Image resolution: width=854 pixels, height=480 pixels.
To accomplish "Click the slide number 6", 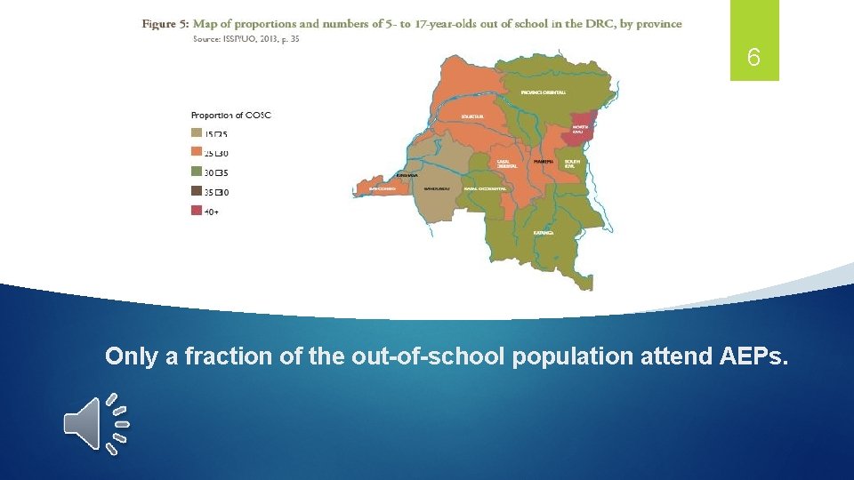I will (x=753, y=59).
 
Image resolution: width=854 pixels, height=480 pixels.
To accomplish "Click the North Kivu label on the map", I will (x=580, y=130).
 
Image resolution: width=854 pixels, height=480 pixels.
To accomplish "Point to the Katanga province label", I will (x=544, y=233).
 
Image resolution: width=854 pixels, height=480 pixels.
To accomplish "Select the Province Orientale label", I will (x=543, y=92).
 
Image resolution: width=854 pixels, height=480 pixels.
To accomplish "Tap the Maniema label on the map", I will (x=543, y=162).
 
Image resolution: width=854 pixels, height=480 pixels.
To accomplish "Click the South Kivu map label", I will (x=572, y=163).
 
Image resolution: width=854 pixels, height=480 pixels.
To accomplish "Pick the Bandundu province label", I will (x=437, y=189).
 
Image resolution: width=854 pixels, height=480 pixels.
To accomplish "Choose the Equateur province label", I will (x=472, y=116).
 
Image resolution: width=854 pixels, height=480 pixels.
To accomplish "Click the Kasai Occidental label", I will (x=485, y=189).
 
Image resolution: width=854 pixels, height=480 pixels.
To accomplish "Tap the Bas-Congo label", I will (x=382, y=188).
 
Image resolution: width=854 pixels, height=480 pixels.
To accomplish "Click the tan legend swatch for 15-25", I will (x=197, y=133).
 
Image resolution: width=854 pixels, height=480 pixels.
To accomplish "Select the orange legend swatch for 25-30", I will (x=197, y=153).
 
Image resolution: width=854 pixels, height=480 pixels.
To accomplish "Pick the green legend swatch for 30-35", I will (x=197, y=172).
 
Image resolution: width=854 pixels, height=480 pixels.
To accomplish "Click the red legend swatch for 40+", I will (x=197, y=210).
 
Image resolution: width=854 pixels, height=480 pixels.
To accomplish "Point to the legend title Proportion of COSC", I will (x=230, y=115).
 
